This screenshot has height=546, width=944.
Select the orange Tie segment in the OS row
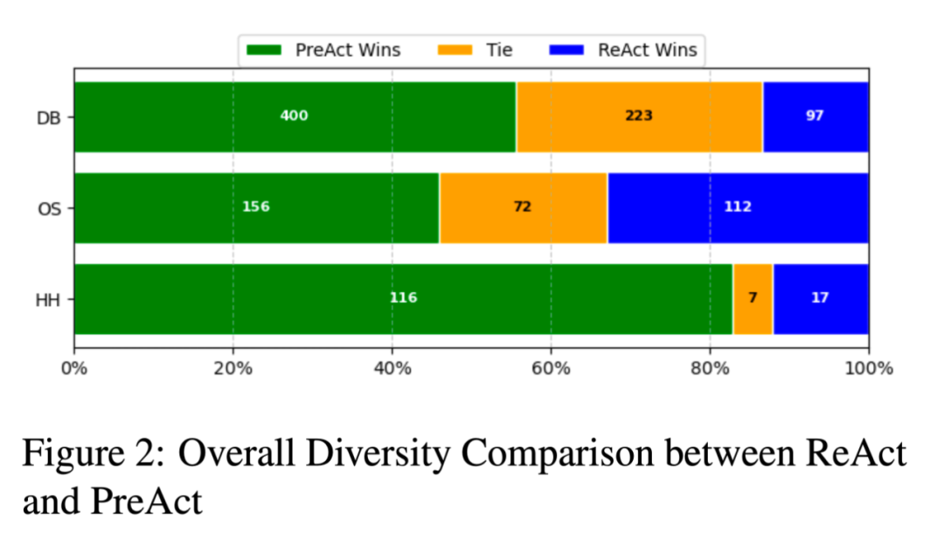[523, 207]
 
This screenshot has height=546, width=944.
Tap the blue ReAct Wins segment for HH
[820, 298]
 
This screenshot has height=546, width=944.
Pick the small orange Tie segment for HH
[753, 298]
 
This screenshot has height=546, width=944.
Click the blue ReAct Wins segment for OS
[738, 207]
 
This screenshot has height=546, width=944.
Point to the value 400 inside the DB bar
[294, 116]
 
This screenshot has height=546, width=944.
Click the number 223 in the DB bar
[639, 116]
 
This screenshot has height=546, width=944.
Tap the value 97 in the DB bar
[815, 116]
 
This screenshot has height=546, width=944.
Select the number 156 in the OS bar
[256, 207]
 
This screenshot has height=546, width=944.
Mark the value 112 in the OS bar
[738, 207]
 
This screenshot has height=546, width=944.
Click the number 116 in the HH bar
[403, 298]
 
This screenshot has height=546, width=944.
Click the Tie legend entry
[481, 50]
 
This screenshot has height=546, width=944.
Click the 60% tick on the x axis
[551, 368]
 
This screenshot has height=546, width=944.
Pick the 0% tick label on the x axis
[74, 368]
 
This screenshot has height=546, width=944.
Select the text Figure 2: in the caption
[88, 455]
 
